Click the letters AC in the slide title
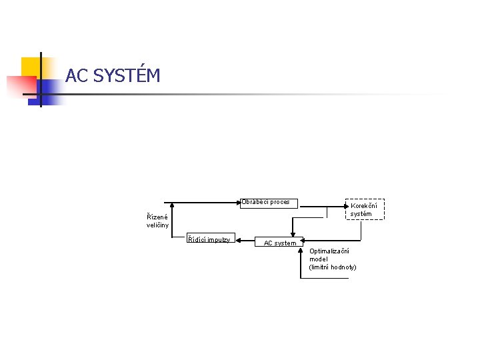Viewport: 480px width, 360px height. [77, 76]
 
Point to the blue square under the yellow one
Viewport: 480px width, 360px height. [48, 91]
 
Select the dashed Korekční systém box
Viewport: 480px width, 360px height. [365, 209]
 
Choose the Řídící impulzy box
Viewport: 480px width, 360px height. [209, 240]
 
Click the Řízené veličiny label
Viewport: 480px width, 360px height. [157, 221]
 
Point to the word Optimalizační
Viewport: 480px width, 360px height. [329, 251]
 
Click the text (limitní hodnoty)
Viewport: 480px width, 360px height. [333, 267]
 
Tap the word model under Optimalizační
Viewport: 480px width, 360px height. [319, 259]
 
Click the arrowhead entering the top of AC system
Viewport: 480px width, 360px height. [290, 236]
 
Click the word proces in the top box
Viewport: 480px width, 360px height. [279, 202]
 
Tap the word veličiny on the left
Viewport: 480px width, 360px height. [157, 225]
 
